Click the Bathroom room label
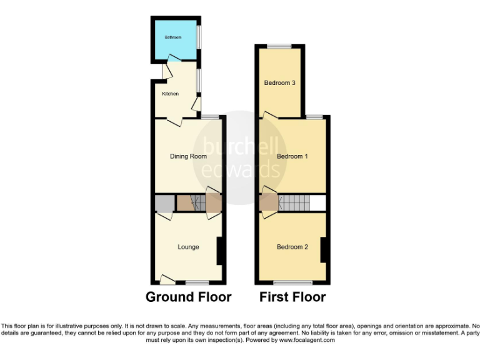(173, 37)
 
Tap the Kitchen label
(171, 94)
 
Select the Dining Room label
(188, 156)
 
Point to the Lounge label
(188, 247)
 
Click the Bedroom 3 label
(279, 82)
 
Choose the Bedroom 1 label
(292, 156)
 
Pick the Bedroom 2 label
(292, 247)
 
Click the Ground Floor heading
(188, 297)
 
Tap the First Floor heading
(292, 297)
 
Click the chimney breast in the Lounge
(219, 251)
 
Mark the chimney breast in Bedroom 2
(324, 250)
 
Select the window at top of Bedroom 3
(279, 46)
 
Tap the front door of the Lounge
(167, 279)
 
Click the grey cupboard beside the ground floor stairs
(164, 202)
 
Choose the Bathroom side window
(199, 36)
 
